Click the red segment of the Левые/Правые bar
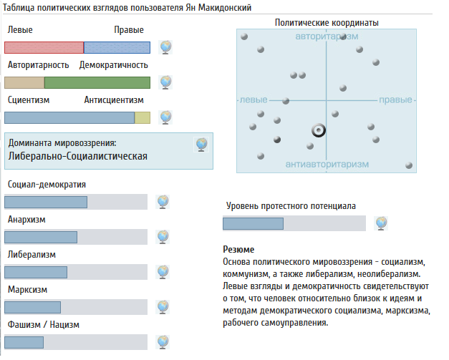pyautogui.click(x=44, y=47)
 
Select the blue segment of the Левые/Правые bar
pyautogui.click(x=117, y=47)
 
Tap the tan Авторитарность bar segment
pyautogui.click(x=24, y=82)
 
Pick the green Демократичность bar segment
pyautogui.click(x=97, y=82)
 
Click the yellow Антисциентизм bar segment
pyautogui.click(x=143, y=117)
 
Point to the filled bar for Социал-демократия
pyautogui.click(x=46, y=202)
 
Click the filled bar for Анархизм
pyautogui.click(x=41, y=237)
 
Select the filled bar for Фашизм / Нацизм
pyautogui.click(x=24, y=342)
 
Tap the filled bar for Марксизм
pyautogui.click(x=33, y=307)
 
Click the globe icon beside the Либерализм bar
pyautogui.click(x=163, y=272)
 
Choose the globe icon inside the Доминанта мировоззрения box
pyautogui.click(x=201, y=145)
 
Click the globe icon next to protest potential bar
pyautogui.click(x=381, y=223)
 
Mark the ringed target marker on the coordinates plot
pyautogui.click(x=319, y=130)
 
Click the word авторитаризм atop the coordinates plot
pyautogui.click(x=327, y=37)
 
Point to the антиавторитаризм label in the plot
pyautogui.click(x=327, y=165)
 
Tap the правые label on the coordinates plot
pyautogui.click(x=395, y=99)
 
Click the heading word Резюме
pyautogui.click(x=238, y=250)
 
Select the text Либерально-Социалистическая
pyautogui.click(x=78, y=156)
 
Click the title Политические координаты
pyautogui.click(x=327, y=23)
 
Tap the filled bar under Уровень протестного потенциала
pyautogui.click(x=253, y=223)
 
